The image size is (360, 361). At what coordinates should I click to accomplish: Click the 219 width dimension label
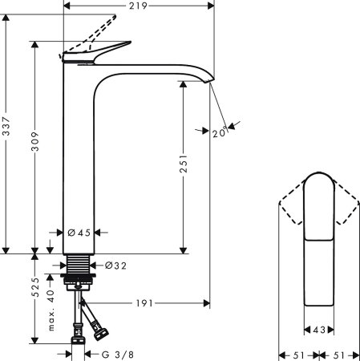(137, 6)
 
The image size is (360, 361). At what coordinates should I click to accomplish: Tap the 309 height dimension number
(34, 144)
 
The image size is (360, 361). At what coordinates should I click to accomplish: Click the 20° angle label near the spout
(218, 133)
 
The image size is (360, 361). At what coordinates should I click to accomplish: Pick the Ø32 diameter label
(115, 265)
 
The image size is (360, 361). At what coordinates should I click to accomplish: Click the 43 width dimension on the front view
(319, 329)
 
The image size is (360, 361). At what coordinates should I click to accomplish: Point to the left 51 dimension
(296, 354)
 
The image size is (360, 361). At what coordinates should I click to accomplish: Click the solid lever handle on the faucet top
(100, 51)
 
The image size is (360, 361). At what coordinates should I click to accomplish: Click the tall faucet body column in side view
(80, 160)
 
